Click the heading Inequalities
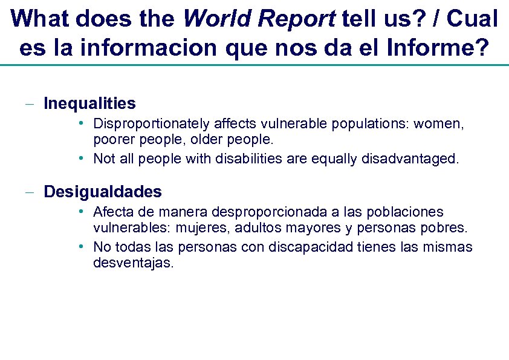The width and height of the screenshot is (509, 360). (x=89, y=103)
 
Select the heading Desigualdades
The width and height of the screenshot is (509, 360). (x=103, y=192)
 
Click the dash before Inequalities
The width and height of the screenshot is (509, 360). (x=29, y=104)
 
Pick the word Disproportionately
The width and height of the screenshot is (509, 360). (x=151, y=124)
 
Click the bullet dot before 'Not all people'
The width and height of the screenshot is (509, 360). (x=80, y=159)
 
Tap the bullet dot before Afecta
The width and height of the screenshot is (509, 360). (x=80, y=212)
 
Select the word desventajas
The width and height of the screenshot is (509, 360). (x=132, y=263)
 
